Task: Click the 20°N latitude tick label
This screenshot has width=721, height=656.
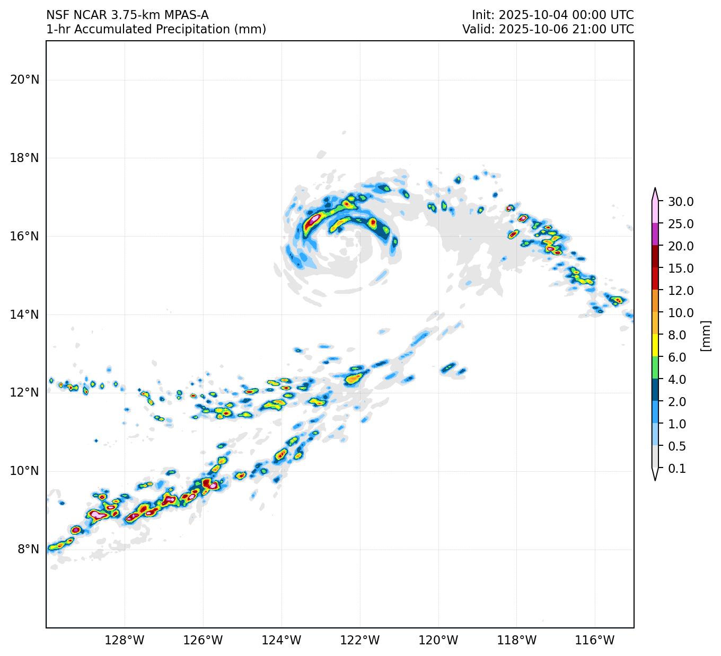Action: (24, 80)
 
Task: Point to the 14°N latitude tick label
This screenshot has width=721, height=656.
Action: (24, 315)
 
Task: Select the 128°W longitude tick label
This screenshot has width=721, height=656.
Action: (125, 641)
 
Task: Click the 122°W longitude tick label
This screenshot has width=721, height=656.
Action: (360, 641)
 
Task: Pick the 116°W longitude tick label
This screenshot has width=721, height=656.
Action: (595, 641)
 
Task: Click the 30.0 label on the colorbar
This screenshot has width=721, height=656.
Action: (681, 202)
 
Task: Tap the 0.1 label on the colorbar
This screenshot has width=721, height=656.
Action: (677, 469)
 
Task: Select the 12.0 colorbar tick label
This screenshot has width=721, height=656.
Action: (681, 291)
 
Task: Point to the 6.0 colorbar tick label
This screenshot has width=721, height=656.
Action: (677, 357)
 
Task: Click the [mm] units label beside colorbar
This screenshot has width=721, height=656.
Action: (705, 335)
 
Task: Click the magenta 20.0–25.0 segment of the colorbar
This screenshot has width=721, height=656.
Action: (655, 235)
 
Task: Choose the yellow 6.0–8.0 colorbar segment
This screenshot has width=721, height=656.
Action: (655, 346)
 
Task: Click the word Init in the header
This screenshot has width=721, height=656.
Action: (482, 15)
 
